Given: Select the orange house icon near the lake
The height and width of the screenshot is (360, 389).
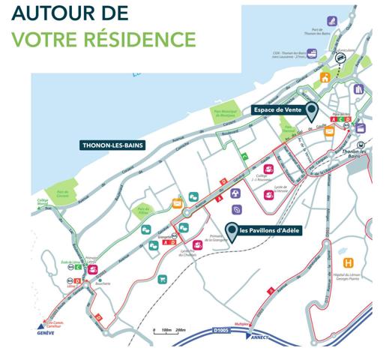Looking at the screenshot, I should [x=325, y=77].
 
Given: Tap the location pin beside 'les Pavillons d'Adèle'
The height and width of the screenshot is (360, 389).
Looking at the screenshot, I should [x=232, y=232].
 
